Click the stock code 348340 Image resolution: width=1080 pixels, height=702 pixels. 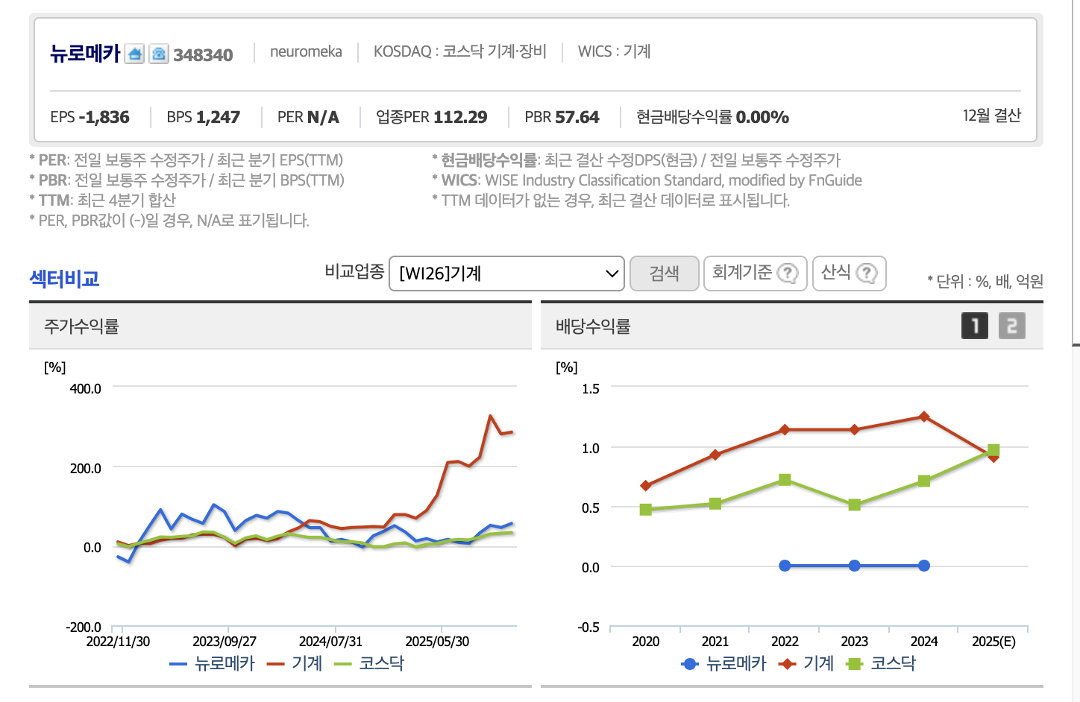(203, 54)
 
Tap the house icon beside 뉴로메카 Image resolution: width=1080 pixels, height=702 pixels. (134, 54)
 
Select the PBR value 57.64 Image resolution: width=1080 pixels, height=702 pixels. (577, 117)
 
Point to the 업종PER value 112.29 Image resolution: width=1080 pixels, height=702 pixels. (459, 117)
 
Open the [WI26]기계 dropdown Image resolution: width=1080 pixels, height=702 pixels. (506, 273)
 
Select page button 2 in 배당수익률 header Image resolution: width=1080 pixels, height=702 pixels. (1011, 326)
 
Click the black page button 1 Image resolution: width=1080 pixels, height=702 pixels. (975, 326)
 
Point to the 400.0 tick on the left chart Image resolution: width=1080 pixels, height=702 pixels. (86, 388)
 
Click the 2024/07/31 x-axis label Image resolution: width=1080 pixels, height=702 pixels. (330, 641)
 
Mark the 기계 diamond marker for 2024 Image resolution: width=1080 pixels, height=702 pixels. (924, 417)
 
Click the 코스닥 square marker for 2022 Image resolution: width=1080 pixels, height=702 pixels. (785, 480)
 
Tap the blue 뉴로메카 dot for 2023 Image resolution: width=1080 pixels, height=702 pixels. (855, 566)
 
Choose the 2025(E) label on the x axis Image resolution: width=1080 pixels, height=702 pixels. (993, 641)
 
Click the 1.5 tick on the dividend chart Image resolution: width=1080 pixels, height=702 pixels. (591, 388)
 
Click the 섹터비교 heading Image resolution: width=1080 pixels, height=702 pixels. (64, 279)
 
